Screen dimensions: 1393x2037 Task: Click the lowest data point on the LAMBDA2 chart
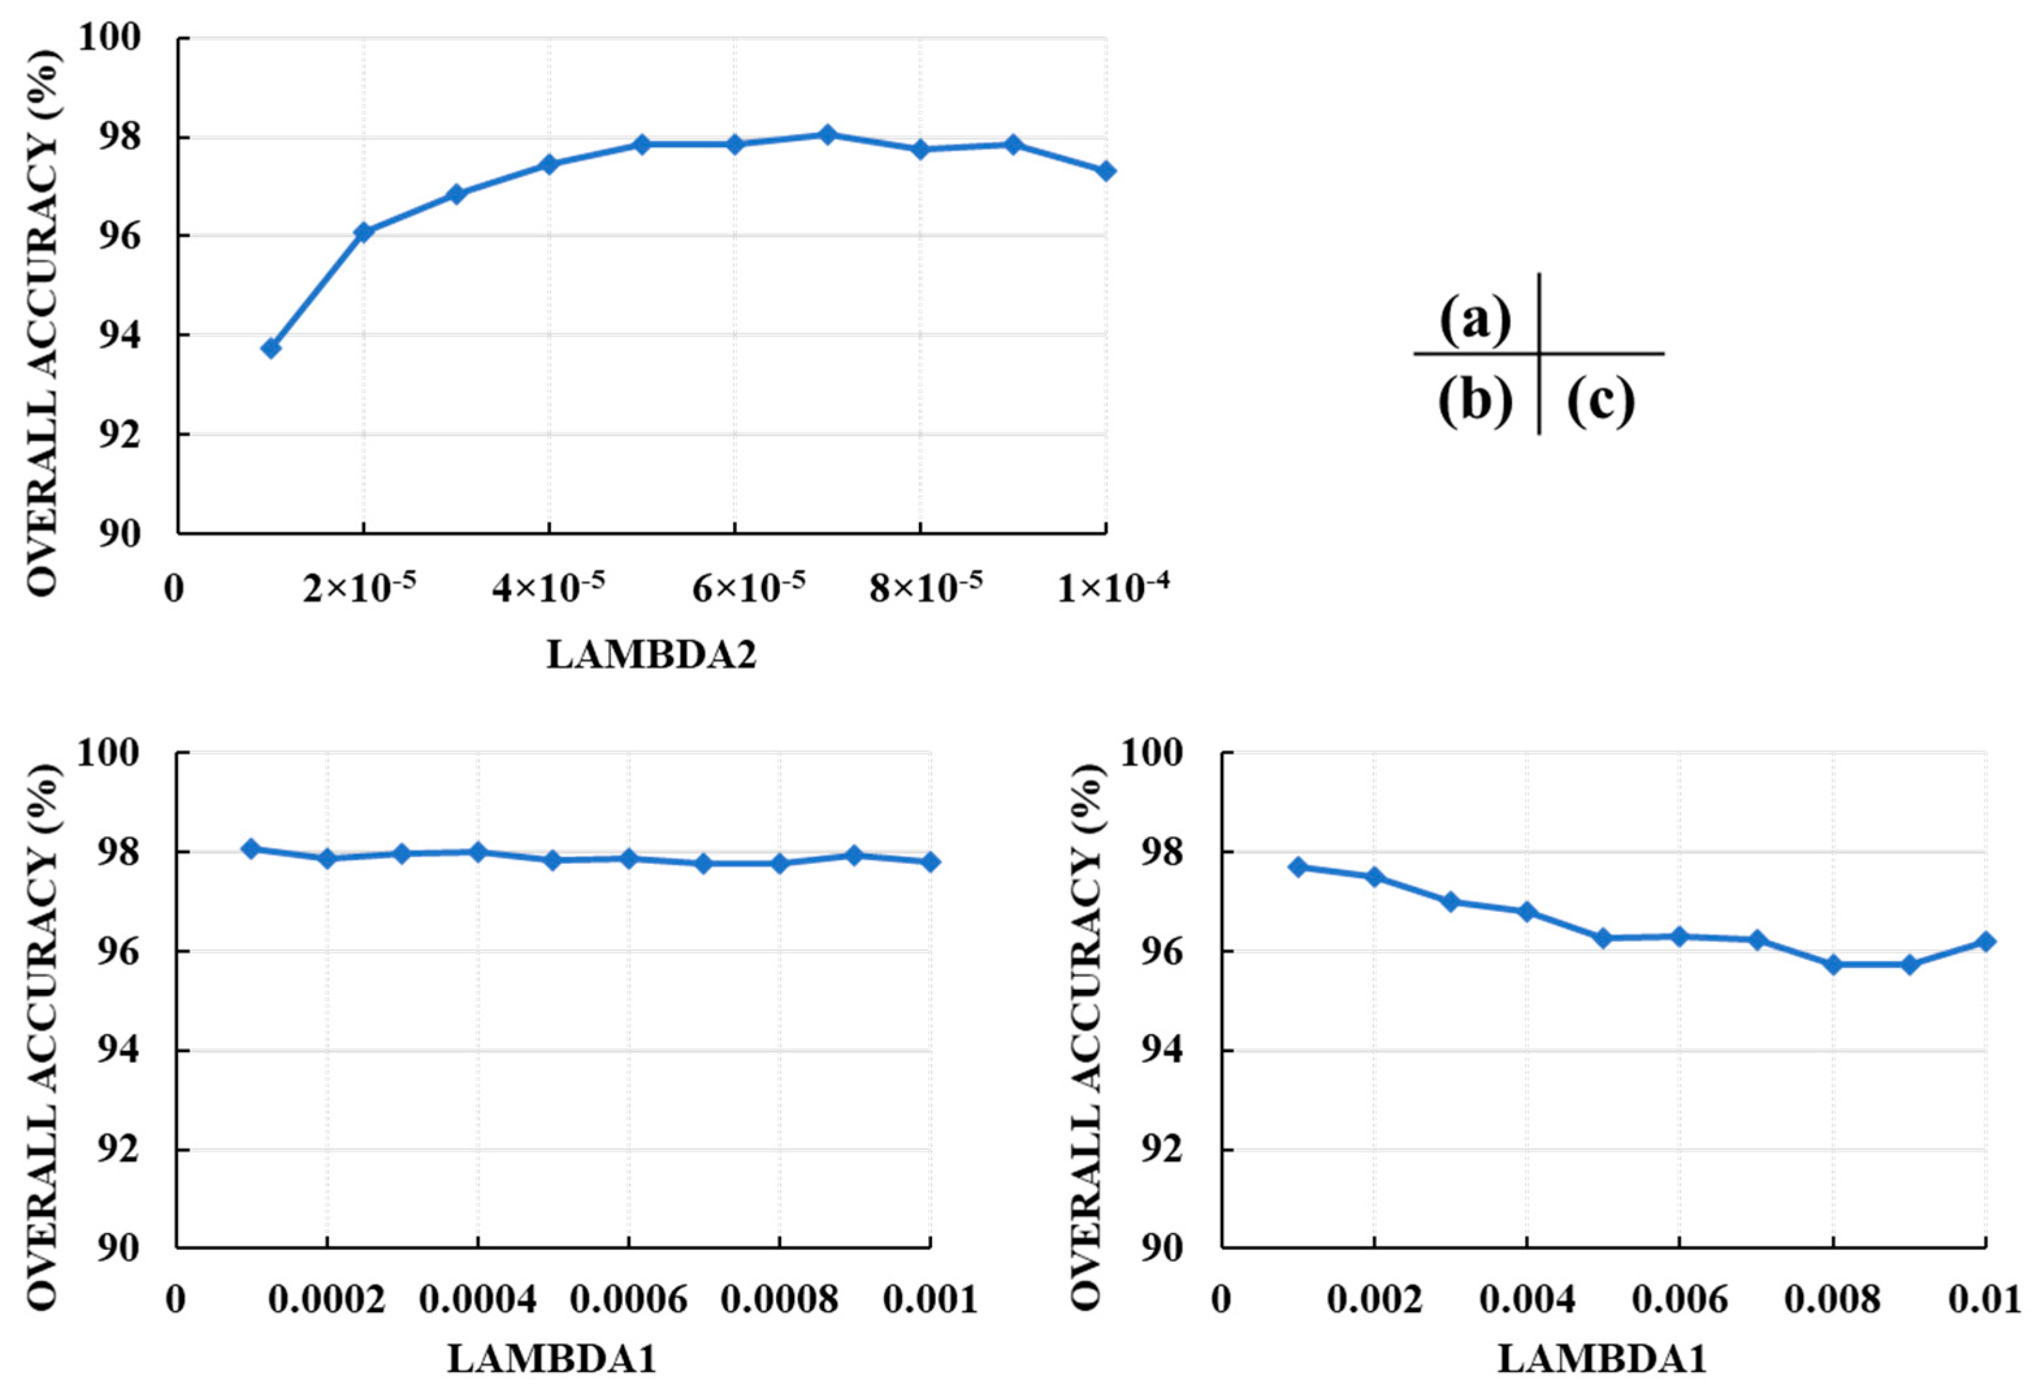(x=271, y=348)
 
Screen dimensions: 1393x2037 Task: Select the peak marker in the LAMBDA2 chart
(x=827, y=134)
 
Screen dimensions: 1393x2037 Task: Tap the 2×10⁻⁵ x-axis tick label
(x=359, y=588)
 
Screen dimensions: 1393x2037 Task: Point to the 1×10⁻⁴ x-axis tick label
(x=1112, y=588)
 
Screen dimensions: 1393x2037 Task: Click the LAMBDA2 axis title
(x=651, y=655)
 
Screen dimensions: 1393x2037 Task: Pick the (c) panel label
(x=1600, y=402)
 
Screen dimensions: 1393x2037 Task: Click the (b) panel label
(x=1475, y=402)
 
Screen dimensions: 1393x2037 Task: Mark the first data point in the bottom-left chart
(x=252, y=848)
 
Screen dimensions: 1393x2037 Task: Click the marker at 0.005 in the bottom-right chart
(x=1603, y=938)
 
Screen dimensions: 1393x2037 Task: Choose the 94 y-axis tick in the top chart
(x=121, y=336)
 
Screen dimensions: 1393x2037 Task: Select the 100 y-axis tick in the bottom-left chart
(x=110, y=753)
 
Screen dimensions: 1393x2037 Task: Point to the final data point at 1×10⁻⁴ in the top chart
(x=1106, y=171)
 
